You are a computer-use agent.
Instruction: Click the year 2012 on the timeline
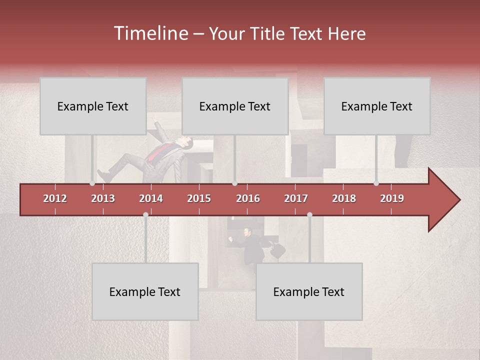(x=55, y=198)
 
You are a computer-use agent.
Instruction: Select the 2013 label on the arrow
(x=103, y=198)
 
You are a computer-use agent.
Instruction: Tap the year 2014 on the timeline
(x=151, y=198)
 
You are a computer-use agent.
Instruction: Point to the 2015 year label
(x=199, y=198)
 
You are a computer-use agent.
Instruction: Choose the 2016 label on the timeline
(x=248, y=198)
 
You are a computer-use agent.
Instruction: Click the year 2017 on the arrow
(x=296, y=198)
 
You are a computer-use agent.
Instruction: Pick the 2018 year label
(x=344, y=198)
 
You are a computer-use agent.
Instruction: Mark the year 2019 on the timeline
(x=392, y=198)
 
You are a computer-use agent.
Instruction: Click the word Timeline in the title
(x=150, y=33)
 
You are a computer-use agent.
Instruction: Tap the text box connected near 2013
(x=93, y=106)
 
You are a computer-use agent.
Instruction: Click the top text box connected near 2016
(x=235, y=106)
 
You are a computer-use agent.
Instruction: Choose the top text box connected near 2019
(x=377, y=106)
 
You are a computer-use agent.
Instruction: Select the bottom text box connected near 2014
(x=145, y=291)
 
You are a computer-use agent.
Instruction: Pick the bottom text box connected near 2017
(x=309, y=291)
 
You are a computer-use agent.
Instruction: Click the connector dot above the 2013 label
(x=92, y=183)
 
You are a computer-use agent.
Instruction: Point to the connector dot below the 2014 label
(x=145, y=214)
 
